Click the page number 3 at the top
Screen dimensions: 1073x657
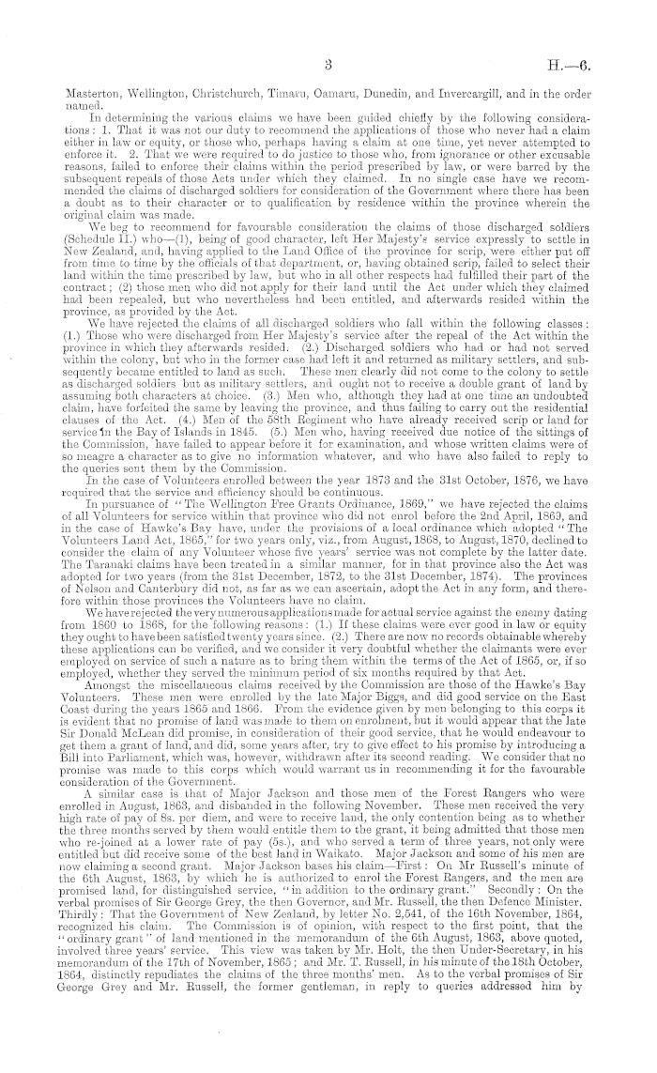[328, 66]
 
